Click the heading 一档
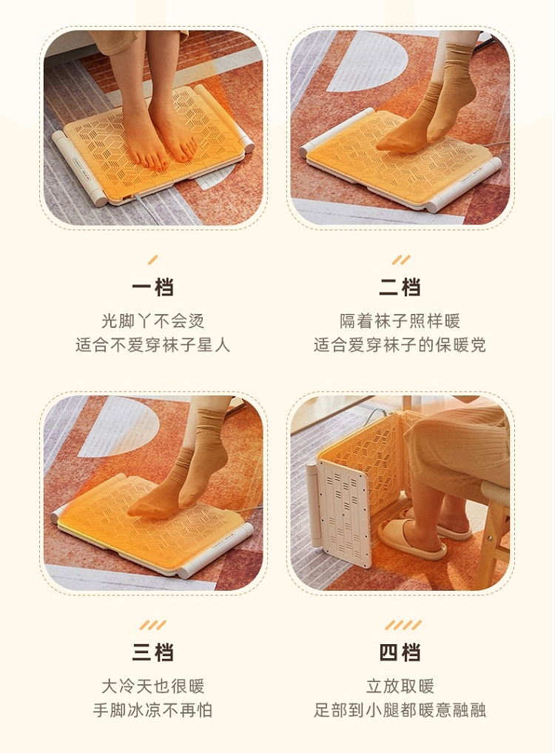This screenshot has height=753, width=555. tap(152, 288)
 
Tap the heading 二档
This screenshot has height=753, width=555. tap(400, 288)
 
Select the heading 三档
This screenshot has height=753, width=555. tap(152, 652)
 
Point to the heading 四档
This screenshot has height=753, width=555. tap(400, 652)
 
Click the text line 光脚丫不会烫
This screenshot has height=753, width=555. tap(152, 321)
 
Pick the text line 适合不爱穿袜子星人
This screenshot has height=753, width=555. tap(152, 345)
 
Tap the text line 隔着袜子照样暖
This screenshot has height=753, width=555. tap(400, 321)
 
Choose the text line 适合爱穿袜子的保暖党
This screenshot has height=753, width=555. tap(400, 345)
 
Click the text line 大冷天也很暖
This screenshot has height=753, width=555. tap(152, 686)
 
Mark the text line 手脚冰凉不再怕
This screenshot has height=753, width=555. tap(152, 710)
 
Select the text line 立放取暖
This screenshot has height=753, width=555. tap(400, 686)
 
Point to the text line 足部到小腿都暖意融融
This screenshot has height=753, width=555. tap(400, 710)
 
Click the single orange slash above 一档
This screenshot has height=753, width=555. tap(152, 260)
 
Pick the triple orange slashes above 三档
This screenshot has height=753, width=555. tap(152, 625)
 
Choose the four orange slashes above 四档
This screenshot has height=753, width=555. tap(403, 625)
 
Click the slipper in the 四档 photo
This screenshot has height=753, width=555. tap(411, 539)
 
